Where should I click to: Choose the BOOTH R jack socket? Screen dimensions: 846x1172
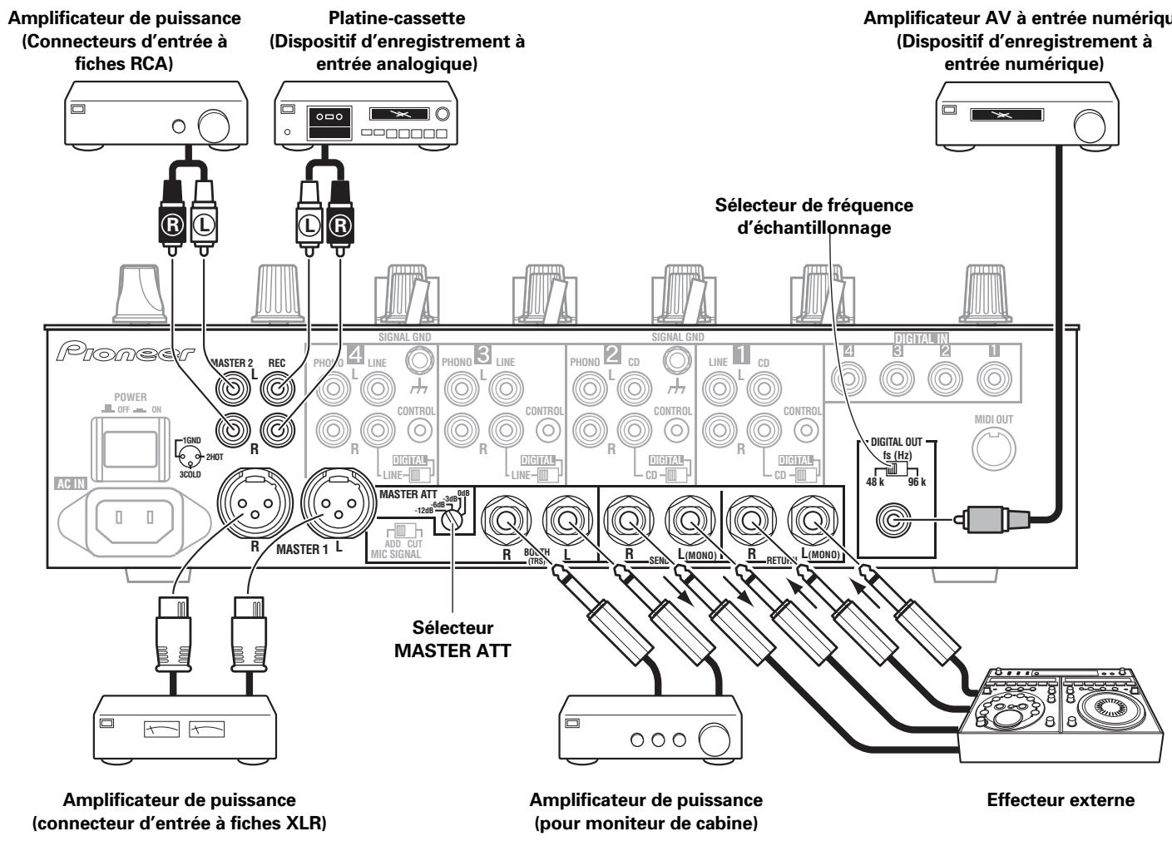pos(506,522)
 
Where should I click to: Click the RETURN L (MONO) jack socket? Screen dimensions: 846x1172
pos(807,522)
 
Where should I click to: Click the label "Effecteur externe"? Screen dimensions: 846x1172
pos(1060,800)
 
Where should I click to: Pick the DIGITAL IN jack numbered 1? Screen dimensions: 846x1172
pos(993,379)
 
